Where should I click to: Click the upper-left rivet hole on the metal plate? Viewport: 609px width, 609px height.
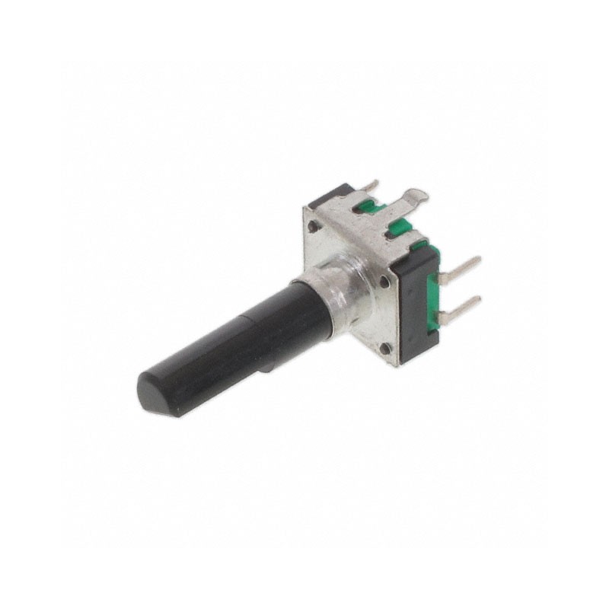pos(313,226)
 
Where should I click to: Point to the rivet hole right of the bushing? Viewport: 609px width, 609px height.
pos(384,282)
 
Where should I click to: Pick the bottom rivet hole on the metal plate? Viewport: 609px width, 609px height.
pos(386,349)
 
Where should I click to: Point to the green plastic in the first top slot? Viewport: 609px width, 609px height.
pos(368,206)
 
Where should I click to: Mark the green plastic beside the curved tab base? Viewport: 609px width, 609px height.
pos(397,226)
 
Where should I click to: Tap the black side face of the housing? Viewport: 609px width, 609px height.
pos(416,304)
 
